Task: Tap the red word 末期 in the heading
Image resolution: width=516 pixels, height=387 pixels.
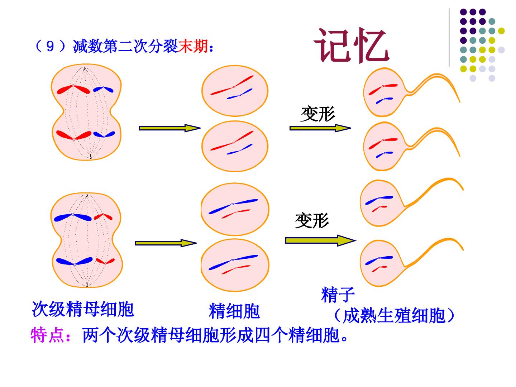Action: point(193,46)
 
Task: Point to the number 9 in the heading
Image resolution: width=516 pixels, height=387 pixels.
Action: point(50,47)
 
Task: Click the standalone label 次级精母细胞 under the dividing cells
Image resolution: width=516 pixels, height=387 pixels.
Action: point(83,309)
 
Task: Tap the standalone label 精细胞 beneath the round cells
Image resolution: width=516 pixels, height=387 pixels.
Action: point(234,311)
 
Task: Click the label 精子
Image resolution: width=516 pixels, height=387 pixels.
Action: point(338,295)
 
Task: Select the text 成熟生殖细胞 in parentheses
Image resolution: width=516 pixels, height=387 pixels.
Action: point(394,316)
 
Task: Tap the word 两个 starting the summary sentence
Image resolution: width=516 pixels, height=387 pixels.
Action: point(100,335)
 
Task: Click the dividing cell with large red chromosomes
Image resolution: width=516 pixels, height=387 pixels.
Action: point(86,112)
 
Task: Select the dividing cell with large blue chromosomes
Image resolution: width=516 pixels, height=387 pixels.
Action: point(86,240)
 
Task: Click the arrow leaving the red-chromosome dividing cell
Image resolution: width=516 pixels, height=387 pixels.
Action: point(170,128)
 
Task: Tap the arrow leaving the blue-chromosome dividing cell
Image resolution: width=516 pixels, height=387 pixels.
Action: point(166,243)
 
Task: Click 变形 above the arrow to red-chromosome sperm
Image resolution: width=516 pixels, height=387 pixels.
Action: point(317,114)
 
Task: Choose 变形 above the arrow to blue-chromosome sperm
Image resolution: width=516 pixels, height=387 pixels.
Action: point(312,220)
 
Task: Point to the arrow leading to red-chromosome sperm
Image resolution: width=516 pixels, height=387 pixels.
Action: point(320,128)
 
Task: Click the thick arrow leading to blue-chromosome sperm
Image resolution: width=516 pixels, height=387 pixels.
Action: point(321,240)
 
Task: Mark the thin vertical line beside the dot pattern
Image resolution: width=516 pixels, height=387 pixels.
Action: point(449,38)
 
